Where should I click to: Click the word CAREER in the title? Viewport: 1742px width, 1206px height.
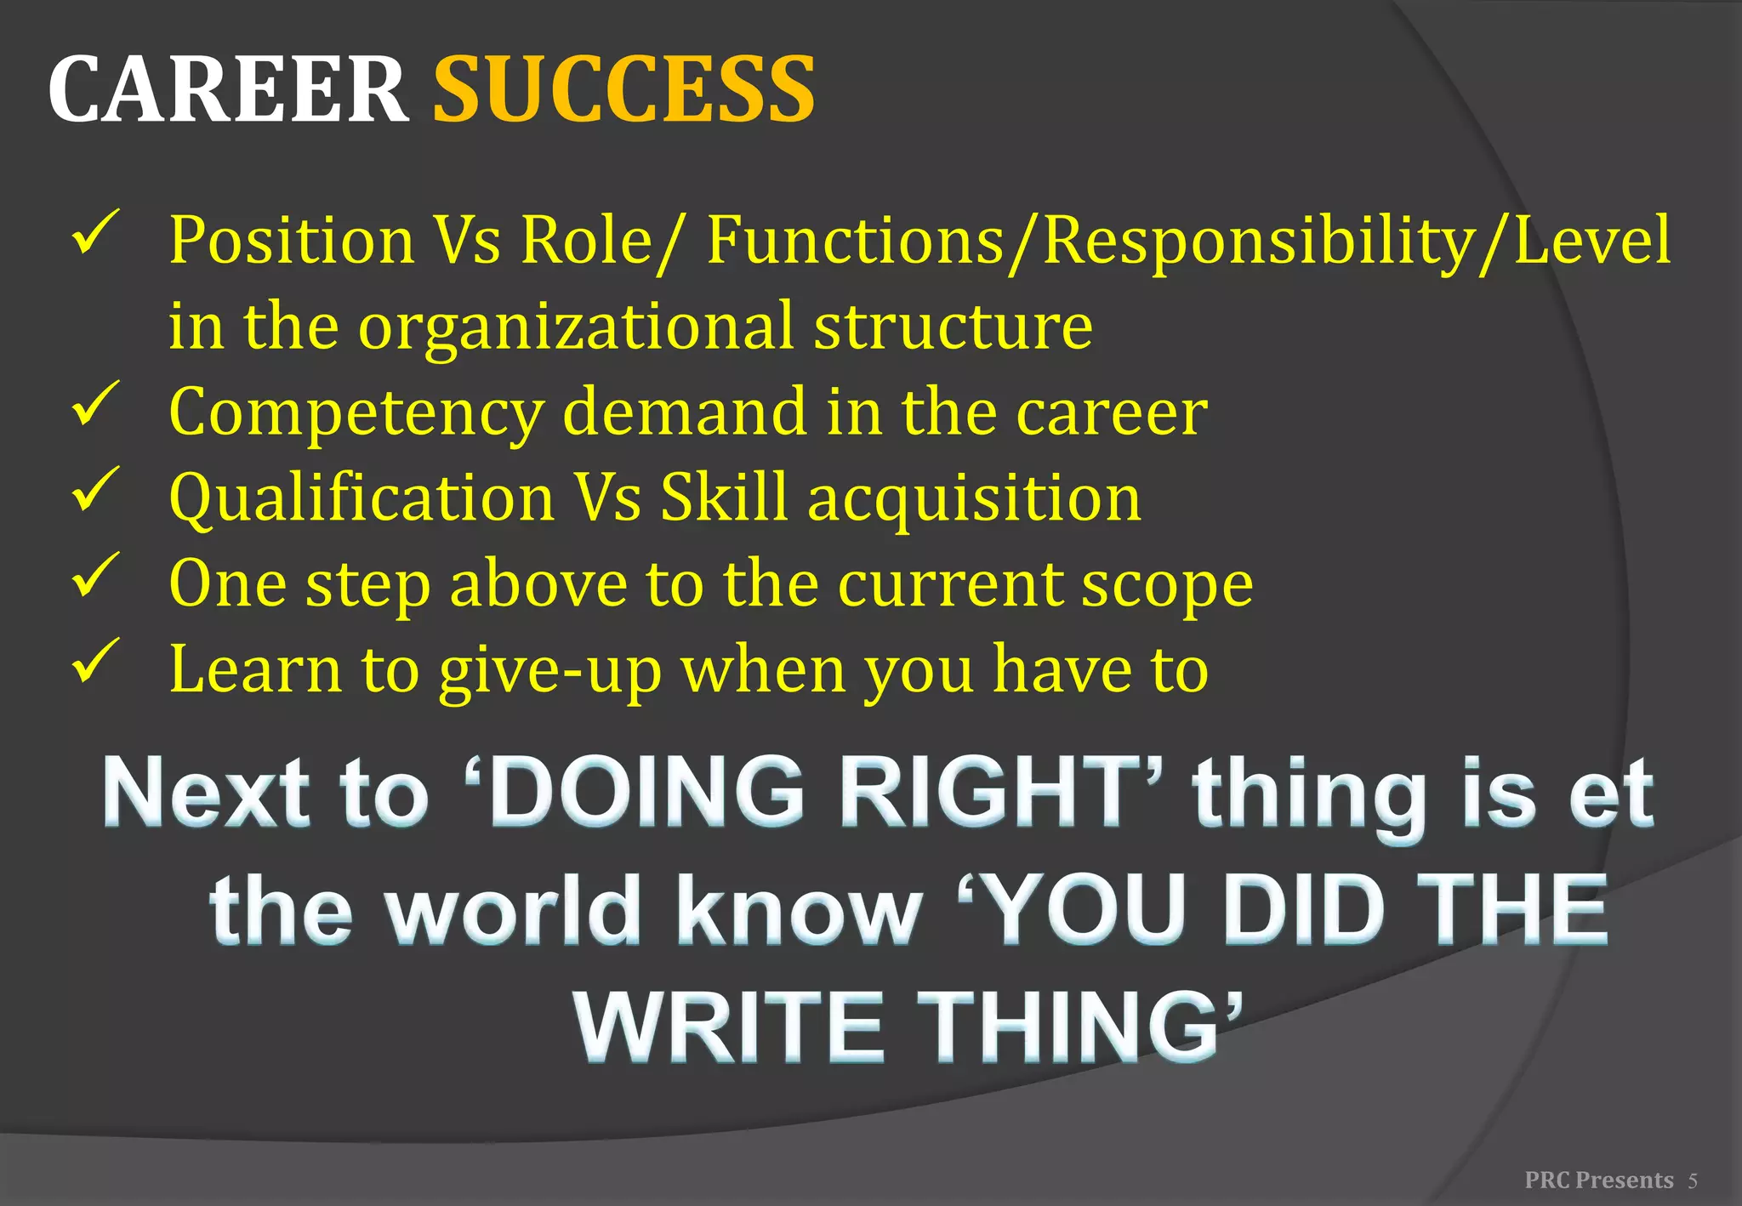point(227,89)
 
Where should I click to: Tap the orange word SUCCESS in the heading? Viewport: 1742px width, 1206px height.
point(624,89)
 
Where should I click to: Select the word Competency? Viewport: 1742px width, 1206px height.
point(356,412)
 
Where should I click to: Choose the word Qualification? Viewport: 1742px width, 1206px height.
point(361,498)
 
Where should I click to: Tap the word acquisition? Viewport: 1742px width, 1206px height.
point(974,498)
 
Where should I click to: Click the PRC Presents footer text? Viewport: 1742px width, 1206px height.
point(1599,1180)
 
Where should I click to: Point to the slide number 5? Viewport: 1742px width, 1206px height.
point(1693,1180)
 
